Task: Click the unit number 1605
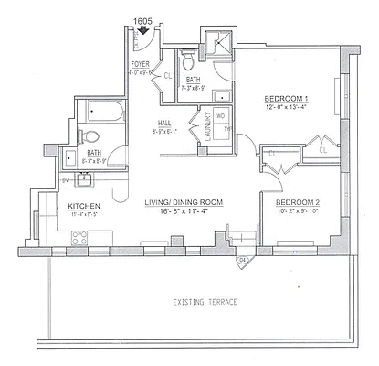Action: [142, 18]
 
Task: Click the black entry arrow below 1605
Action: [142, 29]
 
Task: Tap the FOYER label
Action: [140, 63]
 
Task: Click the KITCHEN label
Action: [83, 207]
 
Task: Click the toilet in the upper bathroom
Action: [186, 63]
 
